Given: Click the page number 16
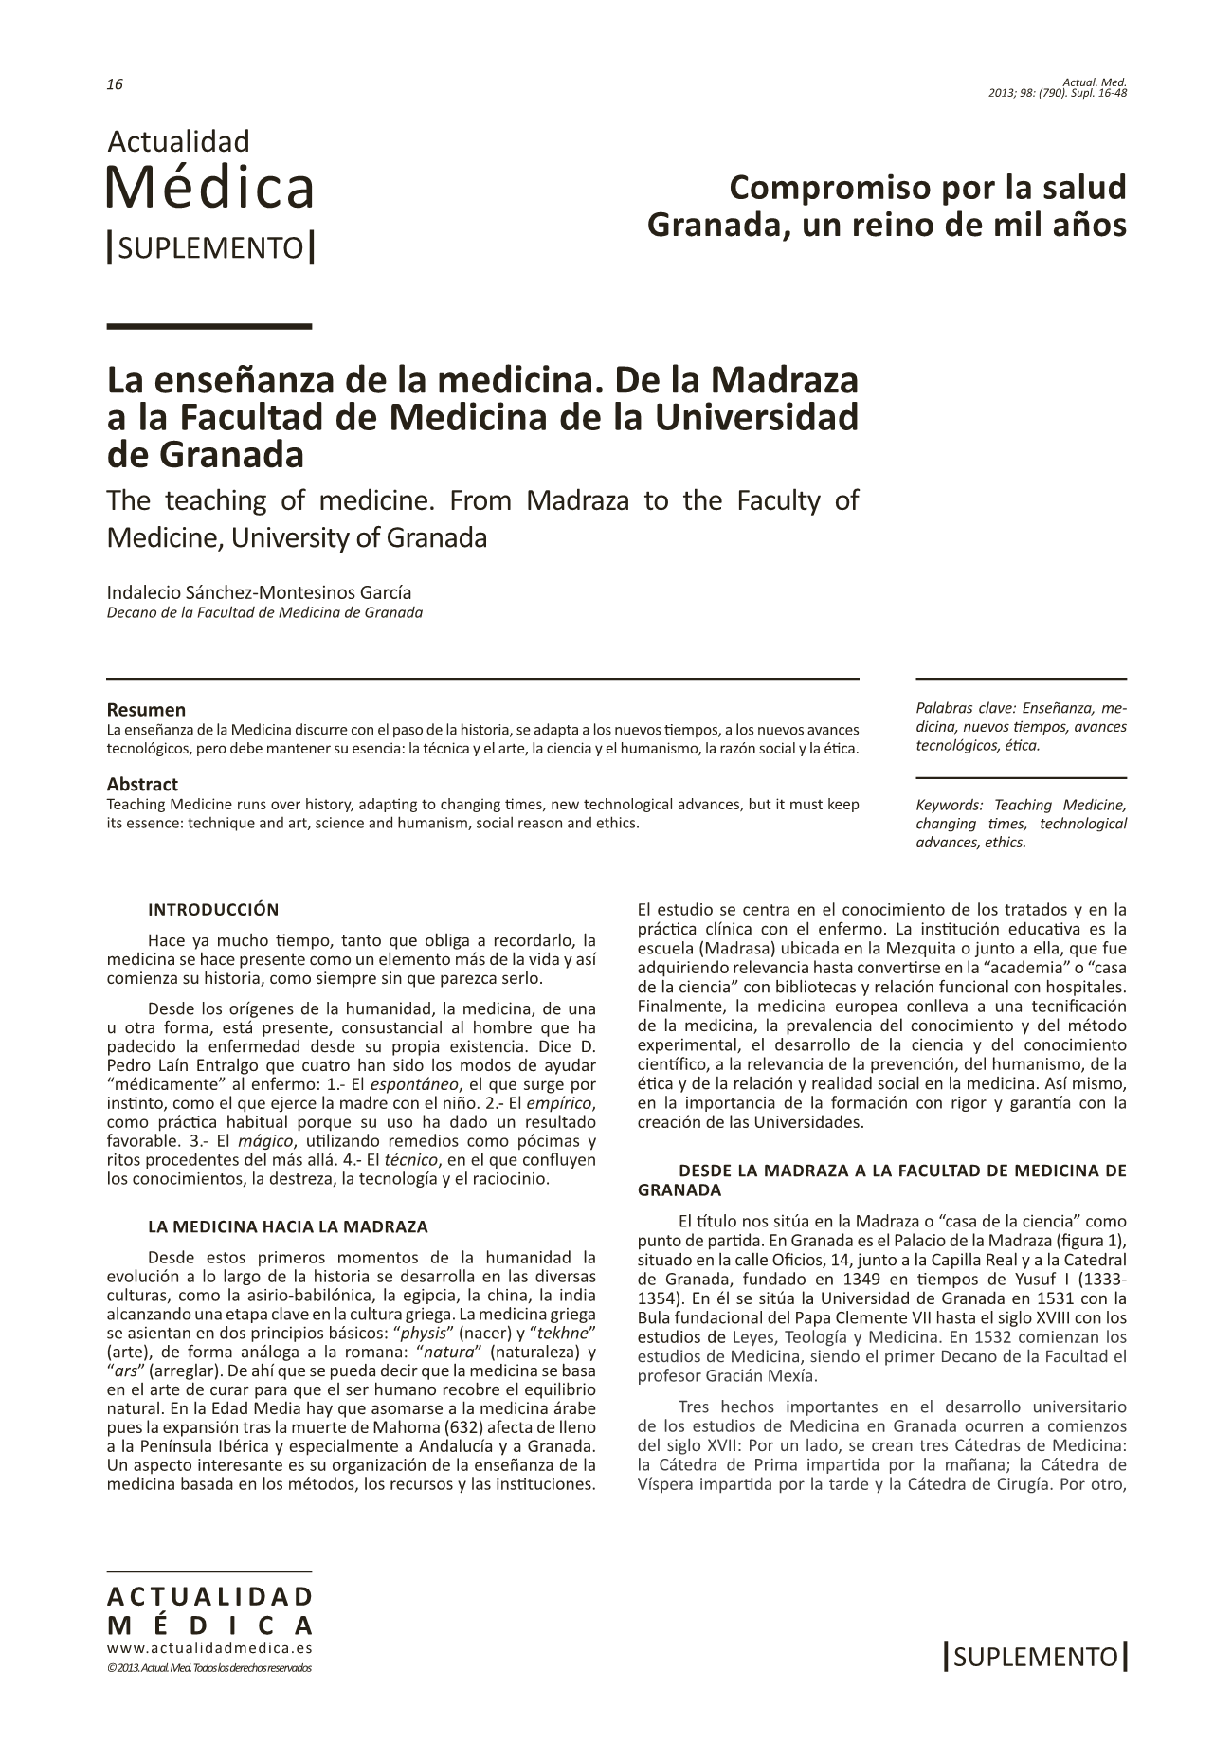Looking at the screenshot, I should (115, 84).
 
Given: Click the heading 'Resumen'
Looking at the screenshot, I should (146, 710).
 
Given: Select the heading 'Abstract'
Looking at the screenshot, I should (142, 784).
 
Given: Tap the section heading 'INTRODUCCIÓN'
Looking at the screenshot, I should (213, 910).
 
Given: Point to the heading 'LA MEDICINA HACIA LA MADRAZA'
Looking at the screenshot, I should (288, 1226).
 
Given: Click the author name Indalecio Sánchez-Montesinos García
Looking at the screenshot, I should (259, 592).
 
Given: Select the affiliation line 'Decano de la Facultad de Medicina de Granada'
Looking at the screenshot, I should (264, 612).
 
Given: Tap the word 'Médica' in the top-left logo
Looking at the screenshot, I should (209, 188).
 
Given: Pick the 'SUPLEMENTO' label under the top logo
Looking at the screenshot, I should (210, 248).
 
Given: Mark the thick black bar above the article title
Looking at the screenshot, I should (209, 326).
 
